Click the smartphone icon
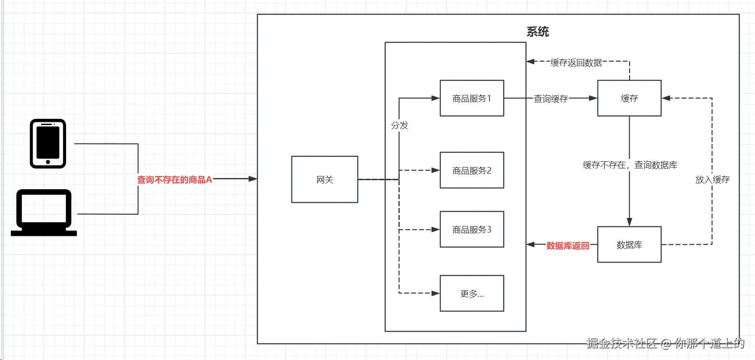tap(48, 143)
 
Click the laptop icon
tap(44, 212)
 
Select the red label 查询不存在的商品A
tap(174, 180)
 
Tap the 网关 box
tap(324, 179)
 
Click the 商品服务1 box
tap(472, 98)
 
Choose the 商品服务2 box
tap(472, 170)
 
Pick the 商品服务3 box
tap(472, 229)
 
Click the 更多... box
tap(472, 293)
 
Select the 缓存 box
tap(629, 98)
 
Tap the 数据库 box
tap(629, 244)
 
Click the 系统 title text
tap(538, 32)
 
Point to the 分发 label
tap(399, 125)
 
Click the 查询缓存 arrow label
tap(550, 99)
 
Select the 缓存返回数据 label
tap(576, 62)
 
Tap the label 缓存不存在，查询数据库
tap(630, 165)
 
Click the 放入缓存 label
tap(712, 179)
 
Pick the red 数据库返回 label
tap(567, 245)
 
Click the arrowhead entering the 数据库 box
tap(629, 222)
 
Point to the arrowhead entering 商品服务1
tap(435, 98)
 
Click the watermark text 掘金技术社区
tap(622, 343)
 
